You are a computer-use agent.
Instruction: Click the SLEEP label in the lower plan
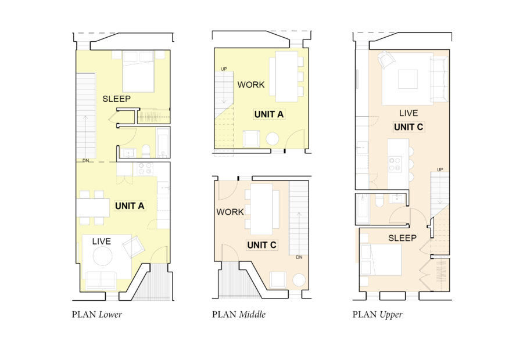tap(117, 99)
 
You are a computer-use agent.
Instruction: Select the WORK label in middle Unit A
tap(251, 85)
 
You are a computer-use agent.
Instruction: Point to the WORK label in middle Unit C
tap(230, 212)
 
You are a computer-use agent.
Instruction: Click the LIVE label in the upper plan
tap(408, 113)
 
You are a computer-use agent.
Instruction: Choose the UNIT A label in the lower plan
tap(130, 206)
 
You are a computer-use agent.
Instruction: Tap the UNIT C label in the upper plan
tap(408, 127)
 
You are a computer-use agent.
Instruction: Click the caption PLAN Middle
tap(239, 315)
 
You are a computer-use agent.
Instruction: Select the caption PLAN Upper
tap(377, 315)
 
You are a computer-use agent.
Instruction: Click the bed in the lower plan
tap(138, 71)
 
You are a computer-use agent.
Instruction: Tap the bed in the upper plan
tap(381, 260)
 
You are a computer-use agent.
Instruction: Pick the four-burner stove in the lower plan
tap(144, 169)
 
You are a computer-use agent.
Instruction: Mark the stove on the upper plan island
tap(395, 164)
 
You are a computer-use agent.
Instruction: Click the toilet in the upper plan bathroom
tap(379, 201)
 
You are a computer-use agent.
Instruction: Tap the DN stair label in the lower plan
tap(85, 160)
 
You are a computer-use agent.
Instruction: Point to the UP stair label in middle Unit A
tap(224, 69)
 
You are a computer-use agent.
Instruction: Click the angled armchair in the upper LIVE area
tap(386, 59)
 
